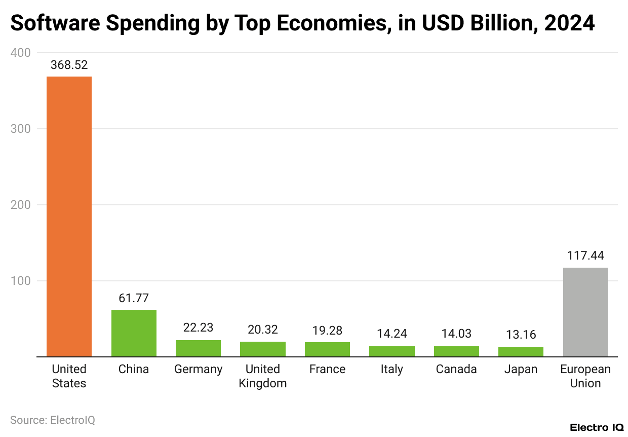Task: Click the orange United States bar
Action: (x=69, y=216)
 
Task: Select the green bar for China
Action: (x=134, y=333)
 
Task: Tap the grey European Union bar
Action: (x=585, y=312)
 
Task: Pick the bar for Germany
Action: (x=198, y=348)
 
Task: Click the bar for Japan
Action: (x=521, y=351)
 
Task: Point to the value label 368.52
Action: (x=69, y=65)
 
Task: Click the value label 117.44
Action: (x=585, y=256)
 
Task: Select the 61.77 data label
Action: (x=134, y=298)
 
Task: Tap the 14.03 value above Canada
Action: (x=456, y=334)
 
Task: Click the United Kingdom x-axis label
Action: (x=263, y=376)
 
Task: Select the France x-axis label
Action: (x=327, y=369)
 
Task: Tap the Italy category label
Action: (x=391, y=369)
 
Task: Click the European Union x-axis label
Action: (x=585, y=376)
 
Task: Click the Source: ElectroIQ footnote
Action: (x=53, y=420)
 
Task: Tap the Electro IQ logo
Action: (x=597, y=428)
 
